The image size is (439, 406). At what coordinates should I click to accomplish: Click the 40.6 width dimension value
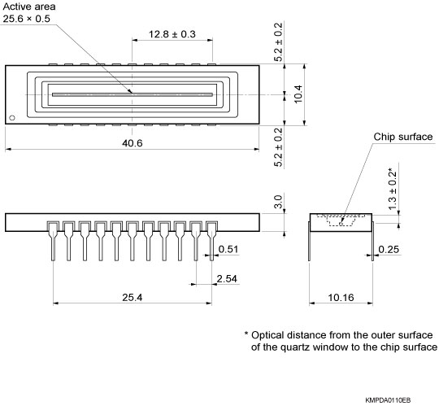tap(132, 142)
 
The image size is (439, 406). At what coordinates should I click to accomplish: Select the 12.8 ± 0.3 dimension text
tap(172, 34)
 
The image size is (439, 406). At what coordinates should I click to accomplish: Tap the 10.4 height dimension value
tap(298, 94)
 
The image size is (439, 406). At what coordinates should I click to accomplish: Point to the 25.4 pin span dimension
tap(131, 298)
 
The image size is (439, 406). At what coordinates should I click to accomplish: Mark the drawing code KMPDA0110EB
tap(388, 399)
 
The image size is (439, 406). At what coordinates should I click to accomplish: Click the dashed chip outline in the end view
tap(341, 220)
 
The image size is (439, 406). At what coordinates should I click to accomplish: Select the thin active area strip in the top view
tap(133, 94)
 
